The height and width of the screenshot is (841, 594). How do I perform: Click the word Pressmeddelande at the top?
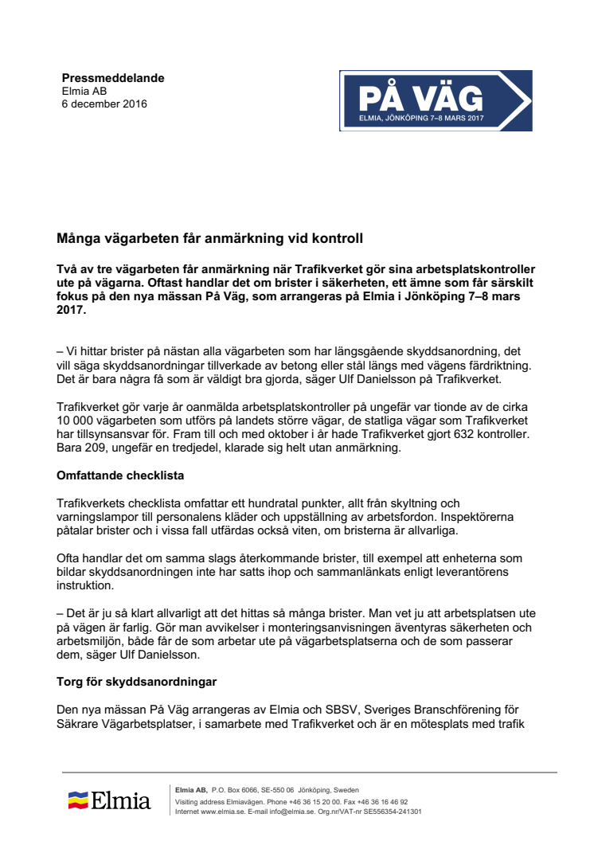(x=113, y=78)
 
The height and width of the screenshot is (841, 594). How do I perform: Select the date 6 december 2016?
(x=104, y=104)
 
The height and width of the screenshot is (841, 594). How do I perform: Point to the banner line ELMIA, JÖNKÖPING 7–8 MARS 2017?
(x=421, y=119)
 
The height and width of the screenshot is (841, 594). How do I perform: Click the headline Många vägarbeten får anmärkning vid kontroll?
(x=210, y=238)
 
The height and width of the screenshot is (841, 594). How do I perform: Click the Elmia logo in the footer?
(x=110, y=800)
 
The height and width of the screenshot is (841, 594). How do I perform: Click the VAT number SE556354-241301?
(x=392, y=812)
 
